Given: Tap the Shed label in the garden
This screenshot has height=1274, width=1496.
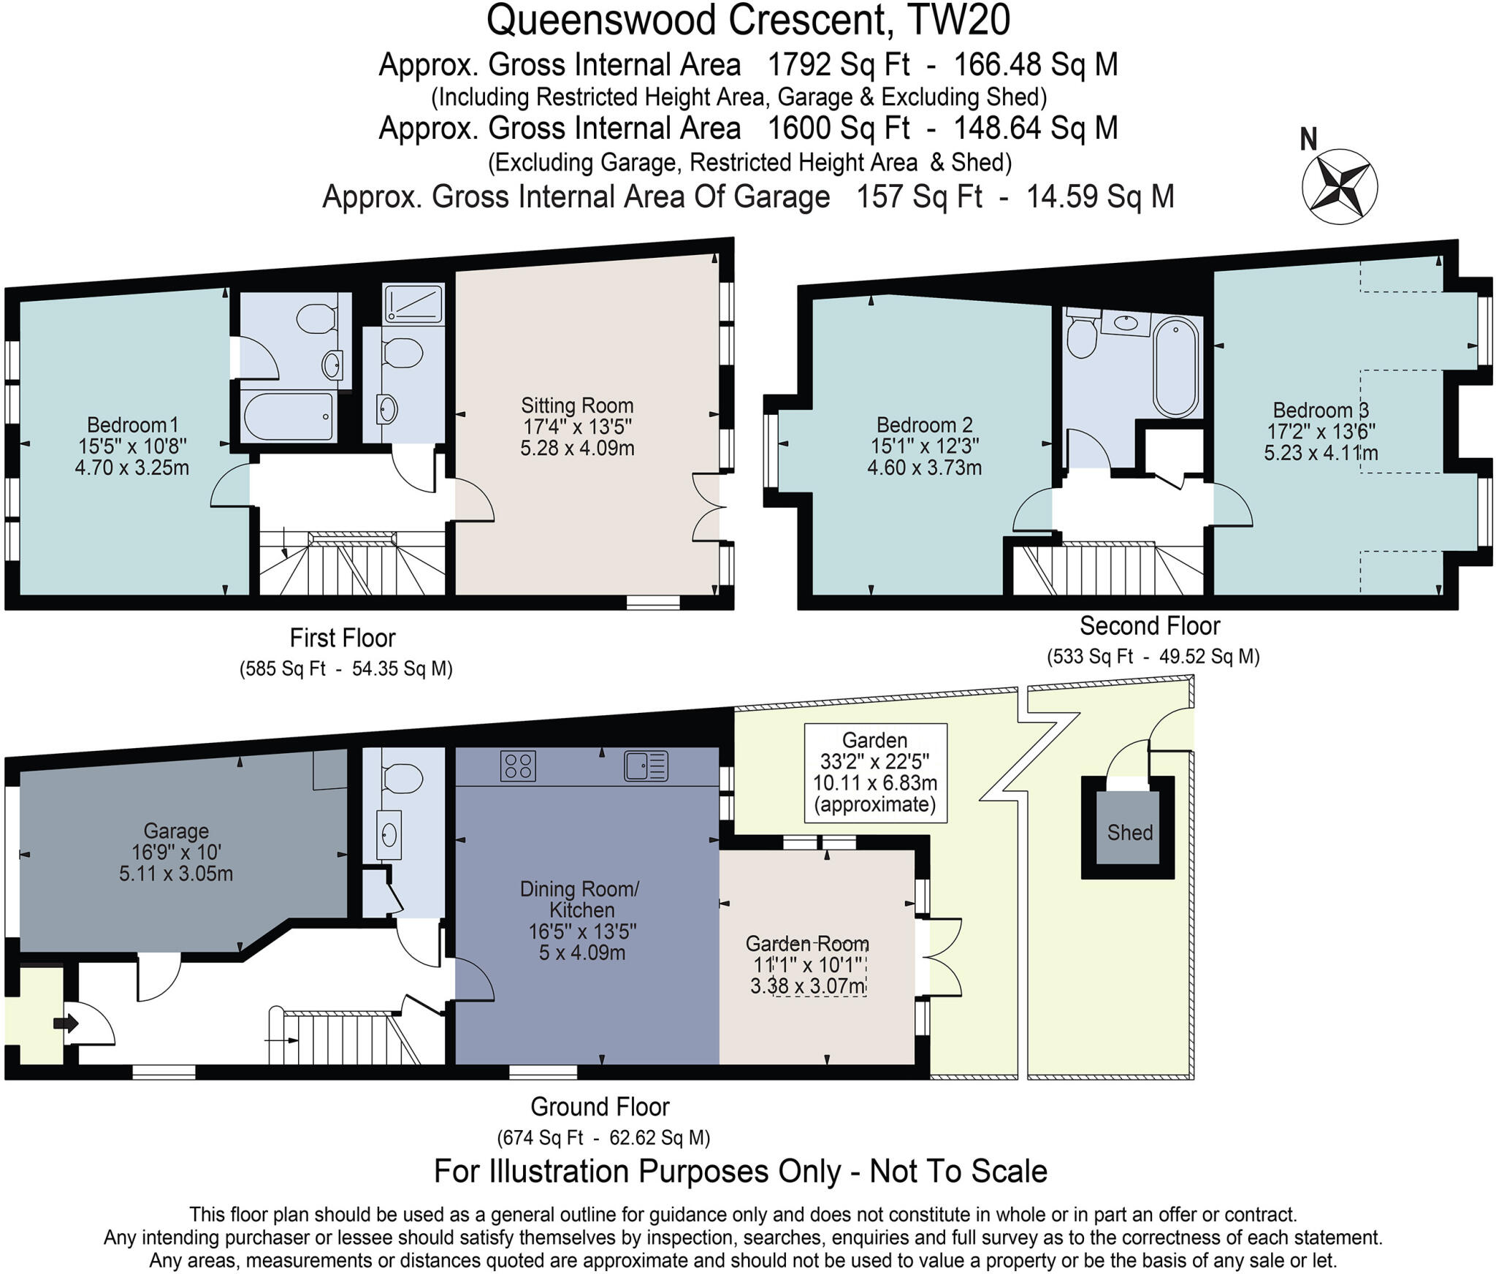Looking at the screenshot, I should (x=1129, y=833).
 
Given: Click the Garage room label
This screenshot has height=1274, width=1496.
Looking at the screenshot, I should (x=176, y=831).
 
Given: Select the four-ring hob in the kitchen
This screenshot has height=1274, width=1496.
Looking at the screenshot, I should (x=518, y=766).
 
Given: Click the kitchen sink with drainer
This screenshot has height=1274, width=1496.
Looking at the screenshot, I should (x=646, y=766).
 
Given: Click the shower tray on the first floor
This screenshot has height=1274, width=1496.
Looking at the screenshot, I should (x=413, y=304).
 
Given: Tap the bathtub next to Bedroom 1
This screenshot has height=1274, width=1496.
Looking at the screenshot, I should (x=288, y=416).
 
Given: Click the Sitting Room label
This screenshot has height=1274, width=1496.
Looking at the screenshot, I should (x=577, y=405).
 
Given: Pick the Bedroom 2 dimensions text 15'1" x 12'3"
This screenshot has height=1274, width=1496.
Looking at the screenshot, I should (x=924, y=446).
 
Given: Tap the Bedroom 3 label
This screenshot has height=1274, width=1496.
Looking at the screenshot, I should (x=1321, y=411).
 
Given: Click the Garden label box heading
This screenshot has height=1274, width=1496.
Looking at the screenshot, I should (x=874, y=740).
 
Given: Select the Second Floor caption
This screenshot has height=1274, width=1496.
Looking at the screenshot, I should (x=1150, y=626).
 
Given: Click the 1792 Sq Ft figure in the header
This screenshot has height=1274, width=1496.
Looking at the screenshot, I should (x=838, y=65).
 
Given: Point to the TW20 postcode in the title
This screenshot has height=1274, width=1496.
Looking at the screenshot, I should (x=958, y=20).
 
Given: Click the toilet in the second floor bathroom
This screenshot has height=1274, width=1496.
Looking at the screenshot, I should (x=1081, y=337).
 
